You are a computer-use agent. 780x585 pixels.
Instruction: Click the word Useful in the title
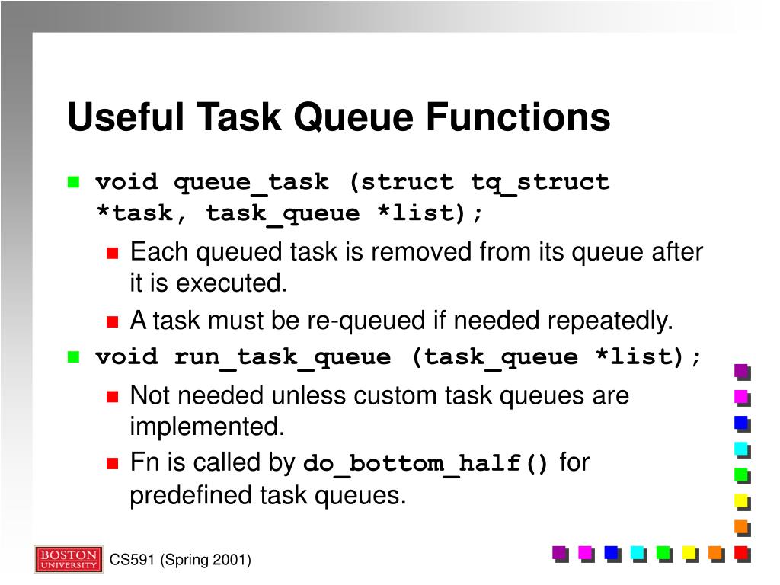point(125,118)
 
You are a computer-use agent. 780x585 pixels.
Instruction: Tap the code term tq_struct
point(540,183)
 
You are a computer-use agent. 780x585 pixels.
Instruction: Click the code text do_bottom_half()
point(426,464)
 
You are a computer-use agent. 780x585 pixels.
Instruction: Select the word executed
point(231,283)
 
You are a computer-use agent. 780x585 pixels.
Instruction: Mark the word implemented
point(206,427)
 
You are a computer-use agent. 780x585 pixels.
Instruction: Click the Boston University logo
point(68,559)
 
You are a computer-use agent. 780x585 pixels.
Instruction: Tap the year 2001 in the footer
point(230,561)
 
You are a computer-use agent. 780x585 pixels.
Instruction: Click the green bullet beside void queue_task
point(74,182)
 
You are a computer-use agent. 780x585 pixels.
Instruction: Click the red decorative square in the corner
point(741,552)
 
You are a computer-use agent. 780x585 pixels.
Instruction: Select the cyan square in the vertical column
point(741,449)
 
